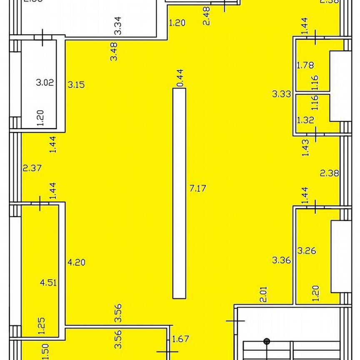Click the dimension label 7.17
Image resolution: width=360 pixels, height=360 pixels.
click(x=198, y=188)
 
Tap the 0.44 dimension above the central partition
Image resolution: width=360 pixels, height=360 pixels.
click(x=180, y=78)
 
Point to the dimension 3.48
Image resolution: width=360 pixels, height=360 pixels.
click(x=114, y=52)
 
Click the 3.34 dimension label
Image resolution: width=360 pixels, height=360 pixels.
click(x=118, y=25)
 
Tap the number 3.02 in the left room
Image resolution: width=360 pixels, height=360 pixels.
click(x=45, y=82)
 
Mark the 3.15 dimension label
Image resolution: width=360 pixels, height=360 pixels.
click(x=76, y=85)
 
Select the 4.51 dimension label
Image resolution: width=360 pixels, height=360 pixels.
click(x=48, y=283)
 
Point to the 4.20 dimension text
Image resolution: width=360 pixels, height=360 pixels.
click(x=76, y=262)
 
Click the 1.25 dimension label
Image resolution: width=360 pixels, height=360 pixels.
click(x=42, y=325)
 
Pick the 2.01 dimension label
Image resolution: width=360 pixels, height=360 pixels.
click(x=263, y=294)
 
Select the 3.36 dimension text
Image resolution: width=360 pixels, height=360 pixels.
click(x=282, y=260)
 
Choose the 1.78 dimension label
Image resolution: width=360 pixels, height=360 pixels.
click(x=305, y=65)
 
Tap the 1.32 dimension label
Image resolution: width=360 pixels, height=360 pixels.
click(x=305, y=120)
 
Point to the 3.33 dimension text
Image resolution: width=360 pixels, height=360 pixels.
click(x=282, y=94)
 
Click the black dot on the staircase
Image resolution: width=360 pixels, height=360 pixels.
click(x=267, y=342)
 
